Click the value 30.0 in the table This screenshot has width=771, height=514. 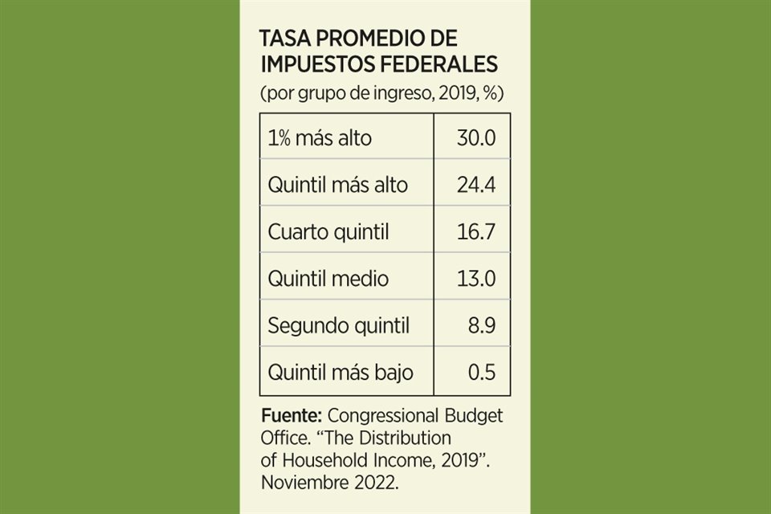coord(475,137)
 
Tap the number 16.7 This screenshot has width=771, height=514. coord(475,232)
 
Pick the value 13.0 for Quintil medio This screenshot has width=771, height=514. coord(475,279)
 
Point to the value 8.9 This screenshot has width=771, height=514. coord(482,326)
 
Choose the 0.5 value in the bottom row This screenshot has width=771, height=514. coord(482,373)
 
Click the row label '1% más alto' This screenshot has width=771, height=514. coord(320,137)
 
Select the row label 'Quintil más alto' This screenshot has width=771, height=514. coord(337,185)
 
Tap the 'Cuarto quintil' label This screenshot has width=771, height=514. coord(328,232)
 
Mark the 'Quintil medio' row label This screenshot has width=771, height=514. coord(328,279)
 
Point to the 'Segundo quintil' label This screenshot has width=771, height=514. coord(338,326)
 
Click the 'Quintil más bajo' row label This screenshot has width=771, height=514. coord(341,373)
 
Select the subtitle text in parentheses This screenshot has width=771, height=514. coord(381,92)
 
